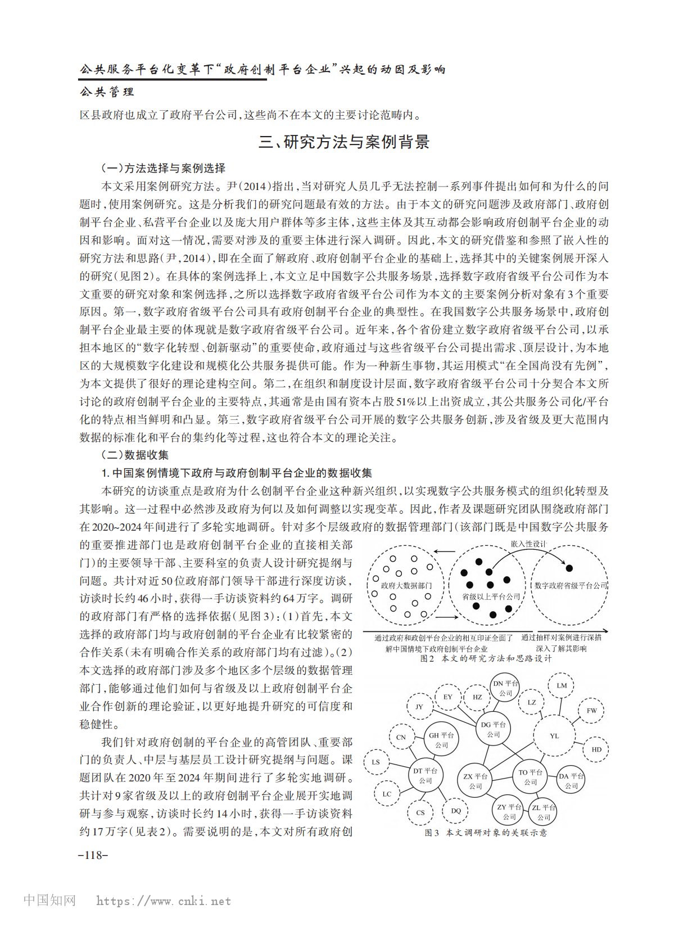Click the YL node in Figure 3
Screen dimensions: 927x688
click(554, 736)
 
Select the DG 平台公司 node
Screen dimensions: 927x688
click(493, 730)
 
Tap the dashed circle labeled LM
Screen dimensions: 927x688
click(562, 685)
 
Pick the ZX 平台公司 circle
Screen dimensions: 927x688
click(475, 781)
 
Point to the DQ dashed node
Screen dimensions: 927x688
click(455, 811)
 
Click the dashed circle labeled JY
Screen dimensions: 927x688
click(419, 707)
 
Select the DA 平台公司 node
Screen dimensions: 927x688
click(571, 781)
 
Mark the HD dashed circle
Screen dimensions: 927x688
click(596, 749)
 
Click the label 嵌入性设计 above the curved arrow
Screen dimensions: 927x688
click(528, 544)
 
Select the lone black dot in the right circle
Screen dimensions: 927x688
click(569, 568)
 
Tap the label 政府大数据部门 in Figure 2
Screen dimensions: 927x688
click(406, 585)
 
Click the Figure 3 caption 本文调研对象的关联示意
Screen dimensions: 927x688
click(496, 833)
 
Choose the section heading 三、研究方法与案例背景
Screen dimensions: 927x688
click(344, 142)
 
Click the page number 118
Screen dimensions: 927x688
click(93, 855)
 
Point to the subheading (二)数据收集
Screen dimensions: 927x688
click(135, 455)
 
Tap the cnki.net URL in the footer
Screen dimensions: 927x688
click(163, 901)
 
